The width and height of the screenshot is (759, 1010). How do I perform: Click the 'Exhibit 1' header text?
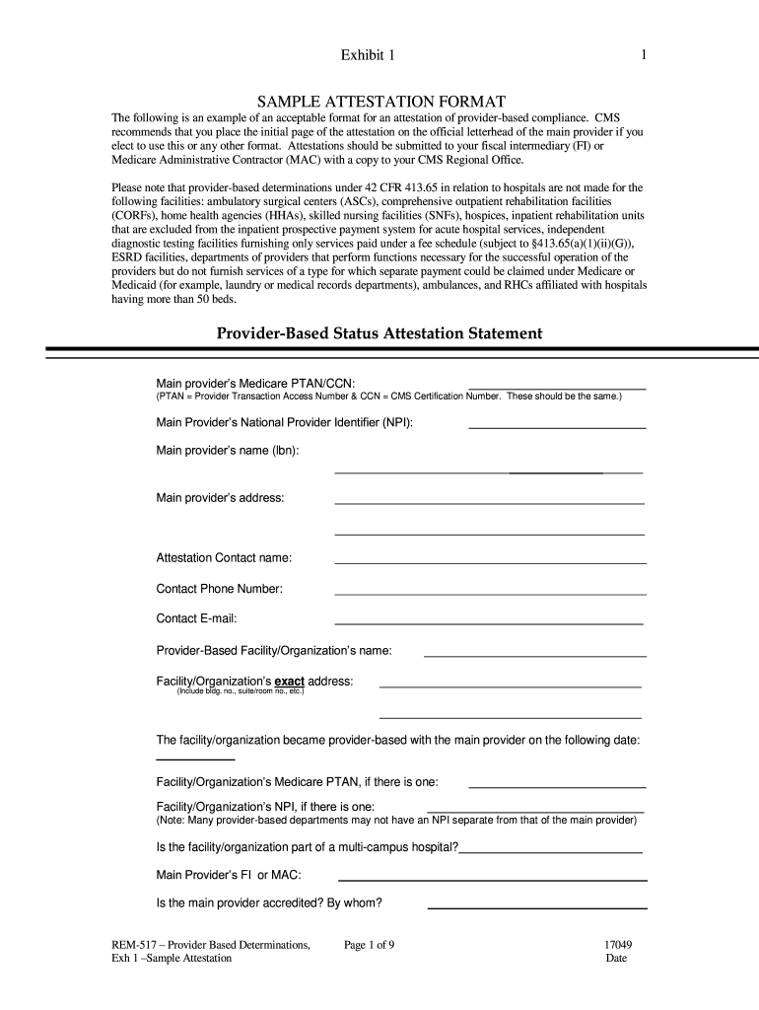tap(368, 55)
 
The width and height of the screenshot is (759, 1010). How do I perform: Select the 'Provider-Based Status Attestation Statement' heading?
tap(379, 333)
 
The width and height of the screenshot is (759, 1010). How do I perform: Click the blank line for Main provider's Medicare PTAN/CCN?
tap(557, 389)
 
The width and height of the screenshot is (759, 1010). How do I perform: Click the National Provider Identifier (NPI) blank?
tap(557, 426)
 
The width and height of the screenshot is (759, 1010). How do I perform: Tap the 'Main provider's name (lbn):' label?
tap(228, 451)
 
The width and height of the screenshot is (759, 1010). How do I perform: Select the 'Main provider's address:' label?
tap(221, 498)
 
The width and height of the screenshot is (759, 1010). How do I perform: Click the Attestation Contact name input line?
tap(490, 561)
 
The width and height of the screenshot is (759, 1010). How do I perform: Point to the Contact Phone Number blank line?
tap(490, 593)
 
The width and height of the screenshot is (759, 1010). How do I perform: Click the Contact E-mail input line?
tap(489, 623)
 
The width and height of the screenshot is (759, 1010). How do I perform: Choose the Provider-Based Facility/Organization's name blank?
tap(534, 654)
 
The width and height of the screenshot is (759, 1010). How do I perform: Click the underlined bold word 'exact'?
tap(289, 682)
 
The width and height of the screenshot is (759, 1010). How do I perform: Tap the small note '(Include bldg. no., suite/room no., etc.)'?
tap(241, 691)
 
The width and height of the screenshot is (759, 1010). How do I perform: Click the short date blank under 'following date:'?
tap(196, 758)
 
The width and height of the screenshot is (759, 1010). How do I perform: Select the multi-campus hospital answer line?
tap(551, 849)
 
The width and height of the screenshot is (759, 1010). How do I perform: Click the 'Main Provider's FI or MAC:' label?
tap(229, 876)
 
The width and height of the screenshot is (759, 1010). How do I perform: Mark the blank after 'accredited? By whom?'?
tap(537, 905)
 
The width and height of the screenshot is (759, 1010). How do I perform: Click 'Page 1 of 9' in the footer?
tap(370, 945)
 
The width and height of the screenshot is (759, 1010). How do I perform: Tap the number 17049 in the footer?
tap(619, 945)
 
